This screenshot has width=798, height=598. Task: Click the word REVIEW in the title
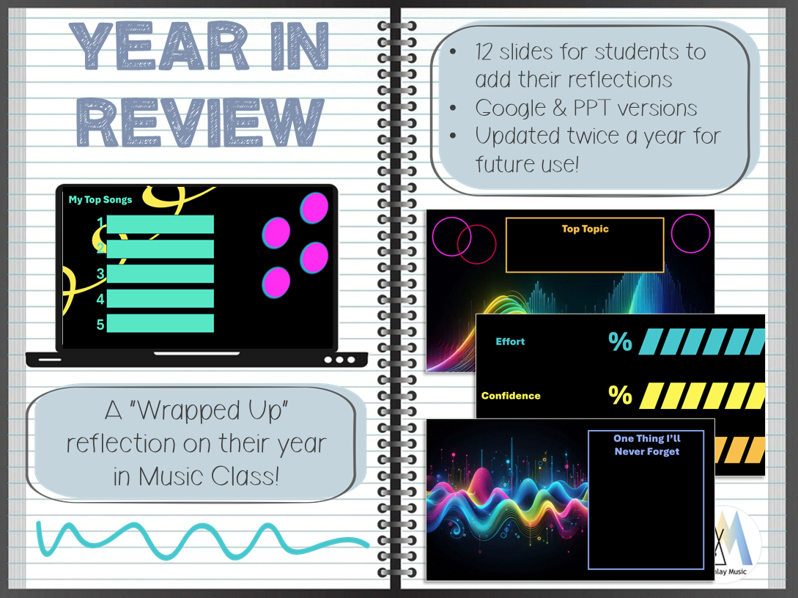(x=200, y=122)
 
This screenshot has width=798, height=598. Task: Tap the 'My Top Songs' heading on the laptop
(x=100, y=199)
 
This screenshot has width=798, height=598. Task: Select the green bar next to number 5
(x=160, y=323)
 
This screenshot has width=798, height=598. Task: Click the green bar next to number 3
(x=160, y=274)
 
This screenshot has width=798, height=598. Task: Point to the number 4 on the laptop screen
(x=100, y=299)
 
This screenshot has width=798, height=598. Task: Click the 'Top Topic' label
(x=585, y=229)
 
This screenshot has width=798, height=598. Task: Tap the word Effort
(x=510, y=342)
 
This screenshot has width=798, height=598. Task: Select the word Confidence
(x=511, y=396)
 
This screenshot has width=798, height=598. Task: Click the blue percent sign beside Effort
(x=620, y=342)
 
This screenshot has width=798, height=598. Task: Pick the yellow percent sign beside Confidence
(x=620, y=395)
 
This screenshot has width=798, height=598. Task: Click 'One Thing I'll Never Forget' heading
(x=647, y=445)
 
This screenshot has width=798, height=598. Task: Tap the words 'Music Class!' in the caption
(x=209, y=477)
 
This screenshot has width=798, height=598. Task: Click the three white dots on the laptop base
(x=339, y=360)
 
